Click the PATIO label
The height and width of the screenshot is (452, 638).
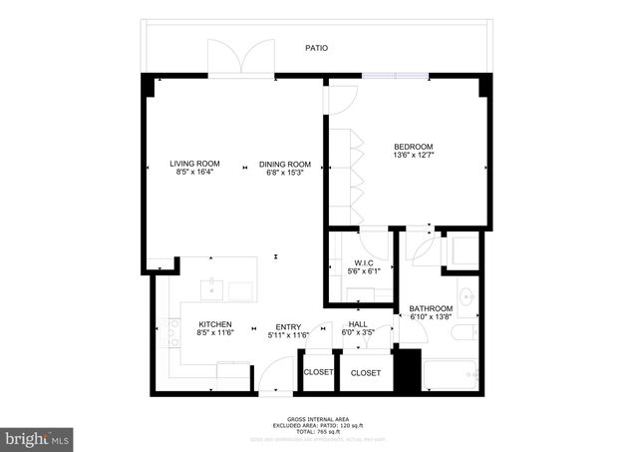[x=316, y=48]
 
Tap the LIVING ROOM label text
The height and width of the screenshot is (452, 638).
[x=193, y=164]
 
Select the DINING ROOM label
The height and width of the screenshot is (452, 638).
[x=285, y=164]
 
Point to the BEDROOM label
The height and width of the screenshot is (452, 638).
[x=413, y=146]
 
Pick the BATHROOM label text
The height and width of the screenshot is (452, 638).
[x=431, y=308]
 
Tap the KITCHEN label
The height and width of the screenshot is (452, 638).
[x=215, y=324]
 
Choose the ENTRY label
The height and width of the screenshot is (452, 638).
[x=288, y=325]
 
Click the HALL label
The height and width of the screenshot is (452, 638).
[x=358, y=323]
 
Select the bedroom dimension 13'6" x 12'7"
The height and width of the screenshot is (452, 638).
[x=413, y=155]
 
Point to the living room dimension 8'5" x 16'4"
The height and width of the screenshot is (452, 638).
[x=193, y=173]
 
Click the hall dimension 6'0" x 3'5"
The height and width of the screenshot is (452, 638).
[x=358, y=332]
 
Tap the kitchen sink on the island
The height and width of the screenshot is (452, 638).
[x=212, y=290]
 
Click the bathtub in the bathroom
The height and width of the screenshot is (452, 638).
[x=451, y=375]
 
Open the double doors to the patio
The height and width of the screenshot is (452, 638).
[x=240, y=57]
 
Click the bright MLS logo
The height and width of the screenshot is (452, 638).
[x=38, y=437]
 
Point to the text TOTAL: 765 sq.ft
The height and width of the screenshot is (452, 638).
[x=316, y=432]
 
